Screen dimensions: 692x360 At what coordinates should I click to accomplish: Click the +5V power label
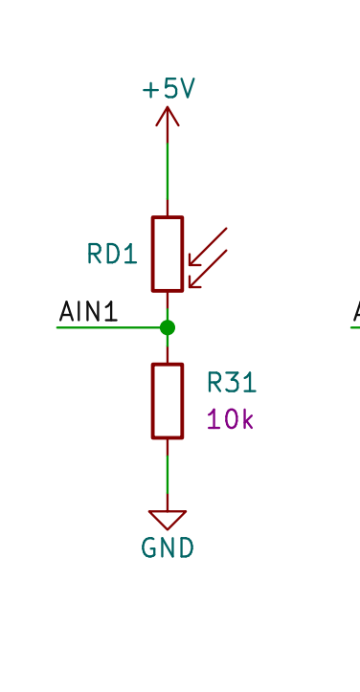pos(169,89)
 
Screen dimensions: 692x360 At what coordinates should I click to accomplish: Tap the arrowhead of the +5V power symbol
pos(168,115)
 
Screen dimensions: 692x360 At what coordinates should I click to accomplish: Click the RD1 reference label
pos(112,254)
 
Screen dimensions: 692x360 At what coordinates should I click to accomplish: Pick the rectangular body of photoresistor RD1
pos(168,254)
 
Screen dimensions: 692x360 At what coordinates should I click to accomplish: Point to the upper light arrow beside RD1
pos(210,245)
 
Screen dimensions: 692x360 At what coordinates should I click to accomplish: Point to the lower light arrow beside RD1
pos(210,268)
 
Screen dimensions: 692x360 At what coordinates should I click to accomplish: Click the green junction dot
pos(168,327)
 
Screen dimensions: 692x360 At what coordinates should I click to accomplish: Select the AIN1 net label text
pos(88,311)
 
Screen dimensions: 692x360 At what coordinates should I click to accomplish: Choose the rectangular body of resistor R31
pos(168,400)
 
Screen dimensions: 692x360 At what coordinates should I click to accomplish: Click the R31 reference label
pos(232,384)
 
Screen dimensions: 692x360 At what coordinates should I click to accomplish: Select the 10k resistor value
pos(230,419)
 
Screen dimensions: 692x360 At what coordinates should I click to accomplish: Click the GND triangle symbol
pos(168,520)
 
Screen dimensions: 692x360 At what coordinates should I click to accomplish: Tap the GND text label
pos(168,548)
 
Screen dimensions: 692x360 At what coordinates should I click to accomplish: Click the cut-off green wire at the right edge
pos(354,327)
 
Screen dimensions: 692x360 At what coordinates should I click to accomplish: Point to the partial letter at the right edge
pos(356,311)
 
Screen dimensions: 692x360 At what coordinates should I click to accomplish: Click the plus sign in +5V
pos(150,90)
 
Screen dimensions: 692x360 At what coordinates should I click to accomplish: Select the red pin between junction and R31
pos(168,349)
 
